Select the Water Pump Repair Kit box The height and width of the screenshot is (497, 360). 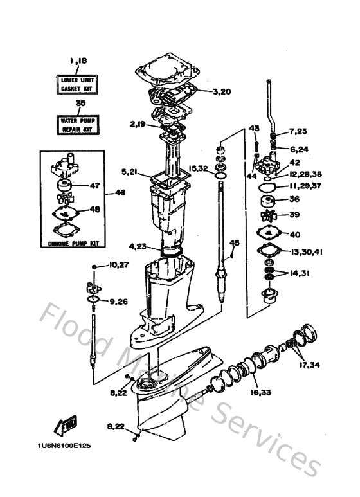(77, 125)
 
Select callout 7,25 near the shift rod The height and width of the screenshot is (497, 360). (298, 132)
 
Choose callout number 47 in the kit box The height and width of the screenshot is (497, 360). (94, 186)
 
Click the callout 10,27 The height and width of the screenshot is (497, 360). (119, 265)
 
